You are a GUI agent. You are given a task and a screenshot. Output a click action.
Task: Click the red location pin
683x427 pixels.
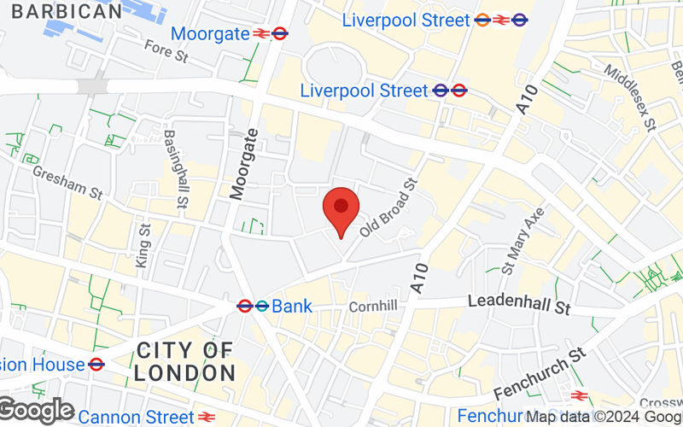[x=341, y=210]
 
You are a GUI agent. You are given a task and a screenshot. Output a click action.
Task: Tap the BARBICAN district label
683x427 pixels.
[x=68, y=12]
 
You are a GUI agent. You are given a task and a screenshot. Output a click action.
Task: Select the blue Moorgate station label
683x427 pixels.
[x=210, y=34]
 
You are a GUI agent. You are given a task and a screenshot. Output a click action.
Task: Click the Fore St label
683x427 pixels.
[x=165, y=52]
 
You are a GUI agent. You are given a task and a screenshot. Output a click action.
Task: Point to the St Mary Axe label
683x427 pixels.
[x=523, y=240]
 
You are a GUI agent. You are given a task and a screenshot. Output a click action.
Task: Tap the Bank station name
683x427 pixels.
[x=292, y=306]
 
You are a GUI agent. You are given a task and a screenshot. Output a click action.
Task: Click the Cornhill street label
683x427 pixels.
[x=372, y=305]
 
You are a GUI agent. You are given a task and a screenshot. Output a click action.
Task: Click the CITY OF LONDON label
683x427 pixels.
[x=184, y=361]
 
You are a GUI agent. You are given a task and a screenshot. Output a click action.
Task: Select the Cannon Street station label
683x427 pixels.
[x=137, y=417]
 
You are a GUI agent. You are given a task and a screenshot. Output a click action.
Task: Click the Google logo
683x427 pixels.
[x=36, y=411]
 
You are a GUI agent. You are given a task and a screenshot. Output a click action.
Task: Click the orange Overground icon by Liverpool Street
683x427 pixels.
[x=482, y=19]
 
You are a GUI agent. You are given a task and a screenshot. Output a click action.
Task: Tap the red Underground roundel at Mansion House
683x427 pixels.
[x=96, y=364]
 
